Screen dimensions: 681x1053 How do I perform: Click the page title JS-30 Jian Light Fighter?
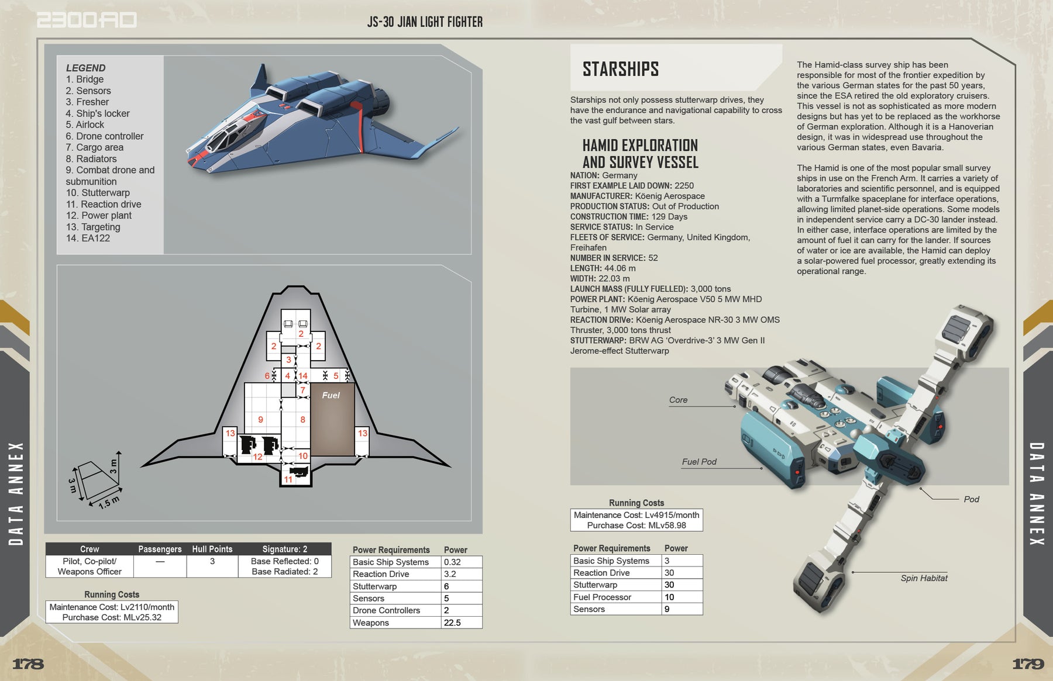tap(425, 22)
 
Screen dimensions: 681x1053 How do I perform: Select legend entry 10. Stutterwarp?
tap(98, 193)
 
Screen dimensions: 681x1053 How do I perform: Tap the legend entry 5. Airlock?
tap(85, 125)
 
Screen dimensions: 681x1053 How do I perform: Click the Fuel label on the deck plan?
tap(331, 395)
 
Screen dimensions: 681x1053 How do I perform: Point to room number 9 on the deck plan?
tap(260, 419)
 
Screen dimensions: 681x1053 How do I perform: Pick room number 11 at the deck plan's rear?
tap(288, 479)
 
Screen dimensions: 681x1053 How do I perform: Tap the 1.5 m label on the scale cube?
tap(108, 502)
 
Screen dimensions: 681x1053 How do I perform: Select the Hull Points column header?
tap(212, 549)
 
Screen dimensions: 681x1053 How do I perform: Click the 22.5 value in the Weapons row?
tap(452, 623)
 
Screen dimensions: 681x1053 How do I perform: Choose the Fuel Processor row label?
tap(602, 597)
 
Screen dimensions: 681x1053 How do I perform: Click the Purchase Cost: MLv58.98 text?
tap(636, 526)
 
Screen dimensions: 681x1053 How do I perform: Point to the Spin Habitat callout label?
tap(924, 578)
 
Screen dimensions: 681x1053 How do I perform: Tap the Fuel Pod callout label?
tap(699, 462)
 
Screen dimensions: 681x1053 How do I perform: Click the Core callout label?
tap(678, 400)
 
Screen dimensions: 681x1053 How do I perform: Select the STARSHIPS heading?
tap(621, 69)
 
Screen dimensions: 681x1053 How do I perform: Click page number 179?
tap(1028, 663)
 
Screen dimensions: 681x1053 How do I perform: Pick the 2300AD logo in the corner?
tap(87, 20)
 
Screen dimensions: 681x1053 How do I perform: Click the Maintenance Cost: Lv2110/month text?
tap(112, 607)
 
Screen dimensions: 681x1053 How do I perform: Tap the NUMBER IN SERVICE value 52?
tap(653, 258)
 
